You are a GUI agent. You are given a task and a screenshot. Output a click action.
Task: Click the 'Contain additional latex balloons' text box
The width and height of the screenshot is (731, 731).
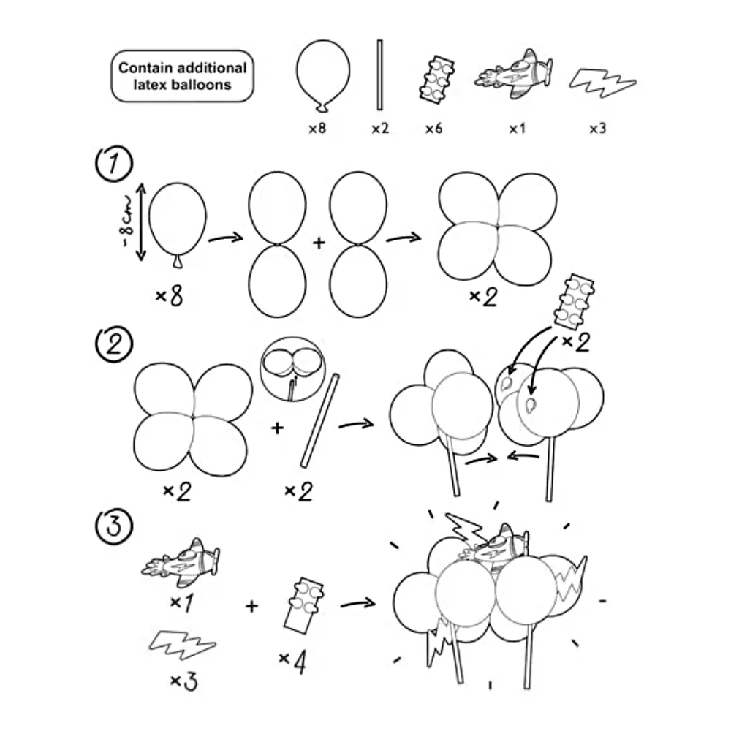[x=182, y=76]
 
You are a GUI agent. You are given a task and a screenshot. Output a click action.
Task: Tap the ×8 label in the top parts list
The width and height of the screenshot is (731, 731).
[x=317, y=128]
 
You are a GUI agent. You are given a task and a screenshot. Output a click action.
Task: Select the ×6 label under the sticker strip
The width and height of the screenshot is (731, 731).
[x=433, y=128]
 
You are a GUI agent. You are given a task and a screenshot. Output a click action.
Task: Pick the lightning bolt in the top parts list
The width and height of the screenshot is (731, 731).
[x=602, y=83]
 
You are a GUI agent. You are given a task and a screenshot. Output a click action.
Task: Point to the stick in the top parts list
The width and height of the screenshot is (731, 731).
[x=379, y=75]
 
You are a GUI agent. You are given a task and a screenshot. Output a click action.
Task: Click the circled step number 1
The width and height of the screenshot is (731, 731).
[x=114, y=164]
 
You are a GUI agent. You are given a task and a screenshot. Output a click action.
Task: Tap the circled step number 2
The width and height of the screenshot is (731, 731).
[x=114, y=344]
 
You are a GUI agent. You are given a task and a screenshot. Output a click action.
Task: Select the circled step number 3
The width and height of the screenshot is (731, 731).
[x=114, y=526]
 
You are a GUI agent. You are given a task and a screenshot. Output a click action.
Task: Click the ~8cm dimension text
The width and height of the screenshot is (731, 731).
[x=126, y=222]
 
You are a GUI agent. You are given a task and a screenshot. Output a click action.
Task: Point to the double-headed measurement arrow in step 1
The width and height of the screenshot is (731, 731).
[x=141, y=222]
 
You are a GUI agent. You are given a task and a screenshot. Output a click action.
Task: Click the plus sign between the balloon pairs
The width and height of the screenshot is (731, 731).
[x=319, y=243]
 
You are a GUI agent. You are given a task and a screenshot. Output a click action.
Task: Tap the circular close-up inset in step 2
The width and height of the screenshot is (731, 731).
[x=293, y=369]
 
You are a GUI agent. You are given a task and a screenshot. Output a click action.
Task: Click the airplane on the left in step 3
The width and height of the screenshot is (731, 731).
[x=181, y=563]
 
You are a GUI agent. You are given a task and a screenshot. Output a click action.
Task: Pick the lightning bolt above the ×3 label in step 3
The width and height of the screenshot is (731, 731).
[x=182, y=645]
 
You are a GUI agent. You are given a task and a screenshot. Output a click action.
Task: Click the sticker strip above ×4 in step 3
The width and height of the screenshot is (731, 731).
[x=303, y=605]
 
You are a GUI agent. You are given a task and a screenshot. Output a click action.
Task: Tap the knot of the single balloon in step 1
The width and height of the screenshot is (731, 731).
[x=177, y=262]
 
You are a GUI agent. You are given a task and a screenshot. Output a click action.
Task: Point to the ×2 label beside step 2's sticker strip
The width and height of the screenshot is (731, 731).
[x=576, y=343]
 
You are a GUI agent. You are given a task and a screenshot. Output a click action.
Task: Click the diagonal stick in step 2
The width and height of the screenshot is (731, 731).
[x=320, y=420]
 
